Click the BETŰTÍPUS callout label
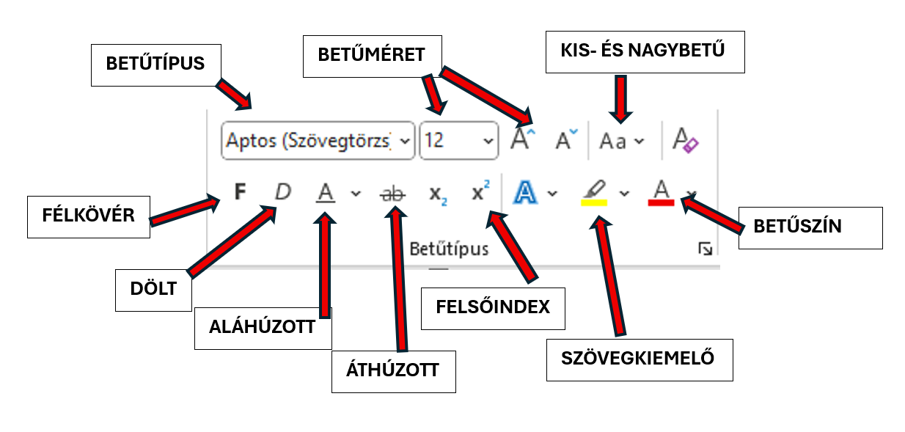pyautogui.click(x=155, y=64)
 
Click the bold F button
pyautogui.click(x=239, y=192)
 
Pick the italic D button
pyautogui.click(x=282, y=192)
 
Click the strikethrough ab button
pyautogui.click(x=393, y=194)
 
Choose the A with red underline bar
pyautogui.click(x=661, y=193)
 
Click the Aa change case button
pyautogui.click(x=613, y=141)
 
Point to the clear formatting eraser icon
pyautogui.click(x=685, y=139)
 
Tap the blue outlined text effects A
pyautogui.click(x=526, y=193)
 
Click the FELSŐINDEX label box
pyautogui.click(x=493, y=307)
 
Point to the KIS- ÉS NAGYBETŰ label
pyautogui.click(x=645, y=51)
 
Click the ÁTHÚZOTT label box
pyautogui.click(x=393, y=370)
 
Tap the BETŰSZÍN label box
pyautogui.click(x=810, y=227)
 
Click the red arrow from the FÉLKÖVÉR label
pyautogui.click(x=183, y=210)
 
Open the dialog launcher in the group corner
pyautogui.click(x=705, y=250)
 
